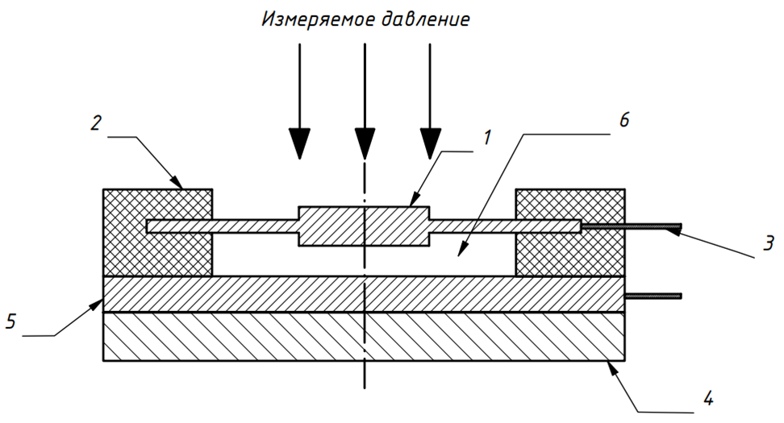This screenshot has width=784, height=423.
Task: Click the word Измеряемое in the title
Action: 319,19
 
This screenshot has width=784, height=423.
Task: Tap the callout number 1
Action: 487,137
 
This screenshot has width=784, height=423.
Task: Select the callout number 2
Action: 97,122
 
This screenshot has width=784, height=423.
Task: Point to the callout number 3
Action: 769,243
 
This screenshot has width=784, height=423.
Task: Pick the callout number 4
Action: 707,399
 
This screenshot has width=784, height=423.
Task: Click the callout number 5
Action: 11,321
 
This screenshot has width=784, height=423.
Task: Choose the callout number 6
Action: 624,120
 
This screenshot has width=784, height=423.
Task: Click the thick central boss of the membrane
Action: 364,226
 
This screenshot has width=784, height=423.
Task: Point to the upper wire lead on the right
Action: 631,226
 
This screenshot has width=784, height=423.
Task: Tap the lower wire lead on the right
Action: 653,297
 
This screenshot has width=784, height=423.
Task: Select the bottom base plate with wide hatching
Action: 364,337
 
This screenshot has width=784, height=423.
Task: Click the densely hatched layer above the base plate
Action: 364,294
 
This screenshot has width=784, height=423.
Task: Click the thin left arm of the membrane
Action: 223,226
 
